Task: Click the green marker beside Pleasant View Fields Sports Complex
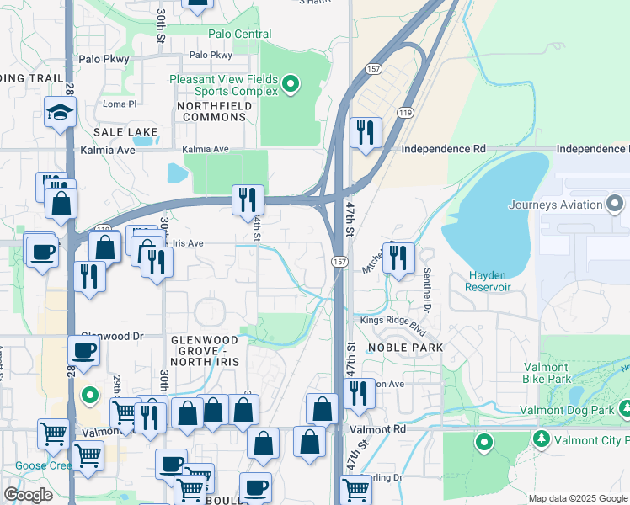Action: pyautogui.click(x=291, y=83)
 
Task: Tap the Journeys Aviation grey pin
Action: pyautogui.click(x=615, y=204)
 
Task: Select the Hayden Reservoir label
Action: pyautogui.click(x=489, y=281)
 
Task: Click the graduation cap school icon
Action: pyautogui.click(x=61, y=113)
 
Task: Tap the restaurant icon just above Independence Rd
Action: pyautogui.click(x=365, y=133)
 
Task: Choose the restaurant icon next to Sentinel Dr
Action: pyautogui.click(x=398, y=257)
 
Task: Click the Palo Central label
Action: pyautogui.click(x=240, y=35)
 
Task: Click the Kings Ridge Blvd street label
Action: pyautogui.click(x=394, y=321)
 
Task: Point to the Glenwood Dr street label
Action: pyautogui.click(x=110, y=335)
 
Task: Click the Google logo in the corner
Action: pyautogui.click(x=28, y=495)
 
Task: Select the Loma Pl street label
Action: pyautogui.click(x=119, y=104)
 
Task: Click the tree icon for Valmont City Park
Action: pyautogui.click(x=540, y=439)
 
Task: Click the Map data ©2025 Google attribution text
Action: pyautogui.click(x=577, y=498)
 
